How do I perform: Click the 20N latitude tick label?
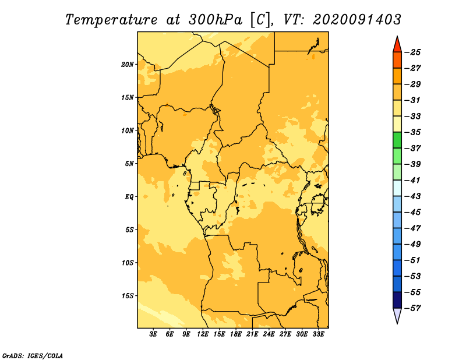tap(128, 65)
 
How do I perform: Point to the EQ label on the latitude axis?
tap(129, 197)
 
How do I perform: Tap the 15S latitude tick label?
tap(128, 296)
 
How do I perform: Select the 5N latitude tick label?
tap(129, 164)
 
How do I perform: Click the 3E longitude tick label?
tap(153, 334)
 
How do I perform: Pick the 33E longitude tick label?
tap(318, 334)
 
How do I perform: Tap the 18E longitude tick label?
tap(236, 334)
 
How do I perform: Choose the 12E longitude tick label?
tap(203, 334)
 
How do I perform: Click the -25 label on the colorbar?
tap(412, 52)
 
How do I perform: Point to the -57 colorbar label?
tap(412, 308)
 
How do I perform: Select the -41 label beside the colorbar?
tap(412, 181)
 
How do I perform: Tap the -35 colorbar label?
tap(412, 132)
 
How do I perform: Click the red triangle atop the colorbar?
tap(397, 45)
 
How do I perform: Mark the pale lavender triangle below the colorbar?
tap(397, 315)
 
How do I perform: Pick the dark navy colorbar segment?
tap(397, 300)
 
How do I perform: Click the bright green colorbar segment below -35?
tap(397, 140)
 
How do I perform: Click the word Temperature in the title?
tap(111, 20)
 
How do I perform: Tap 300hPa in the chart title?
tap(216, 20)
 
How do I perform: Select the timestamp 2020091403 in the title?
tap(357, 20)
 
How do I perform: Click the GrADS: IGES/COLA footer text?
tap(33, 356)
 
